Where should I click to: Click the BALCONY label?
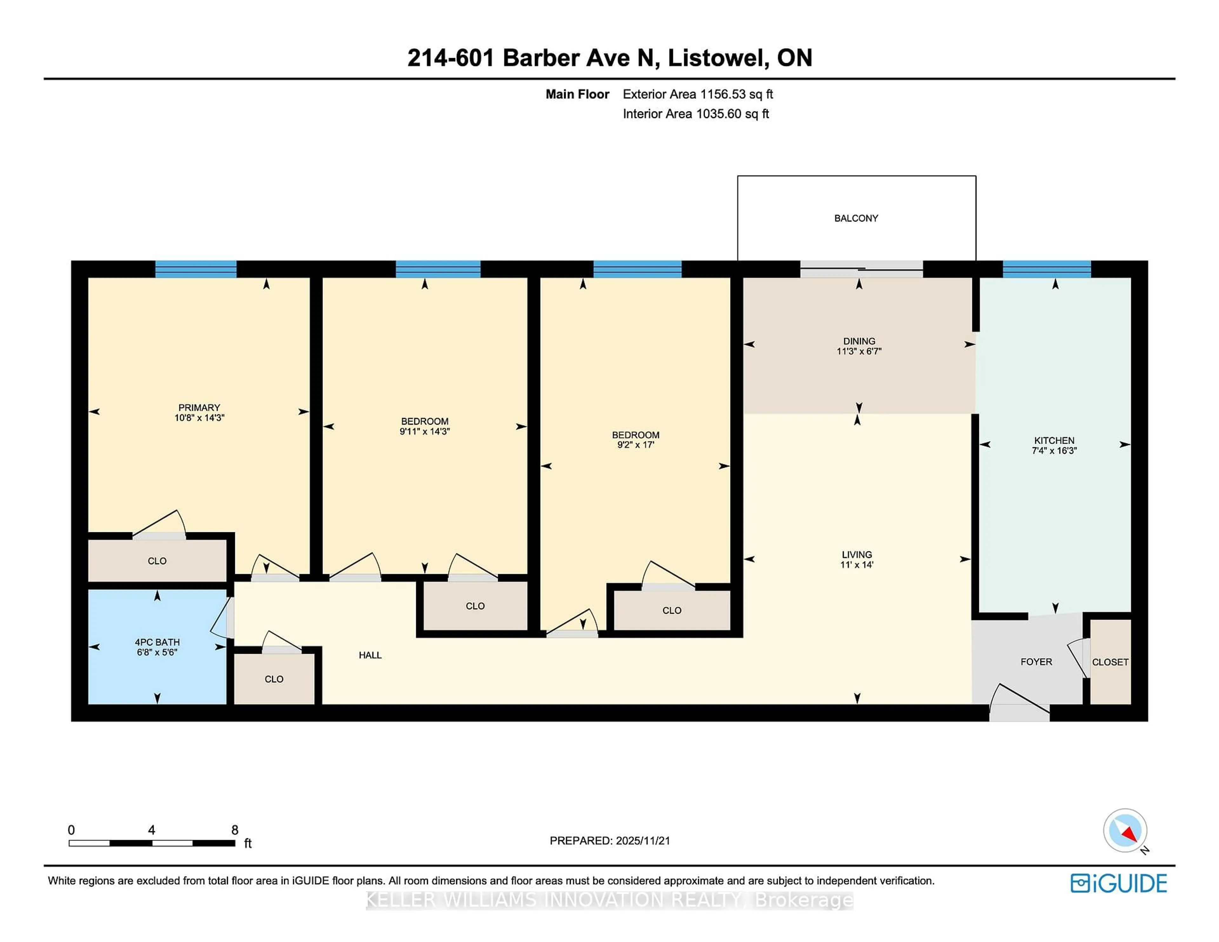[x=856, y=218]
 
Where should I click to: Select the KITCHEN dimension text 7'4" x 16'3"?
[x=1054, y=450]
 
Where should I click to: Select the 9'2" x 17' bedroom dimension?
[x=635, y=445]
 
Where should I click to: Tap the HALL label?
[x=370, y=655]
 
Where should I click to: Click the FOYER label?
[x=1036, y=662]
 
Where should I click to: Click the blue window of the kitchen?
[x=1047, y=269]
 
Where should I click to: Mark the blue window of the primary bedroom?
[x=195, y=269]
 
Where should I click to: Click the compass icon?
[x=1125, y=830]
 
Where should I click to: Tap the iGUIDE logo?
[x=1119, y=883]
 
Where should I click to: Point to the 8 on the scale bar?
[x=235, y=830]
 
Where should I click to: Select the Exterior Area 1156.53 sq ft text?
[x=698, y=94]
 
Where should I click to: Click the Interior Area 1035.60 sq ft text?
[x=696, y=114]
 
